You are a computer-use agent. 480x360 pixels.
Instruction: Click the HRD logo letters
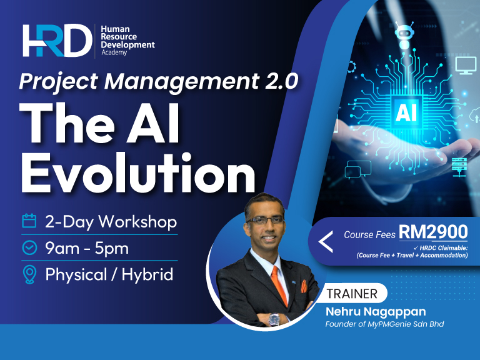pos(56,41)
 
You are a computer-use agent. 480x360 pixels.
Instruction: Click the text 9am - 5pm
pos(87,248)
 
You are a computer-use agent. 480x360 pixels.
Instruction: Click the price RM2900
pos(433,232)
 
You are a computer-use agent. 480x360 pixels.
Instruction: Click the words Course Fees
pos(369,235)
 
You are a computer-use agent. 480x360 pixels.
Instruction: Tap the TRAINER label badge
pos(352,293)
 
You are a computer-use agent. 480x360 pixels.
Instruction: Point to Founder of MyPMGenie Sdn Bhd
pos(384,324)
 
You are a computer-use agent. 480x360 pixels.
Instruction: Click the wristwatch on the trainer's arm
pos(274,318)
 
